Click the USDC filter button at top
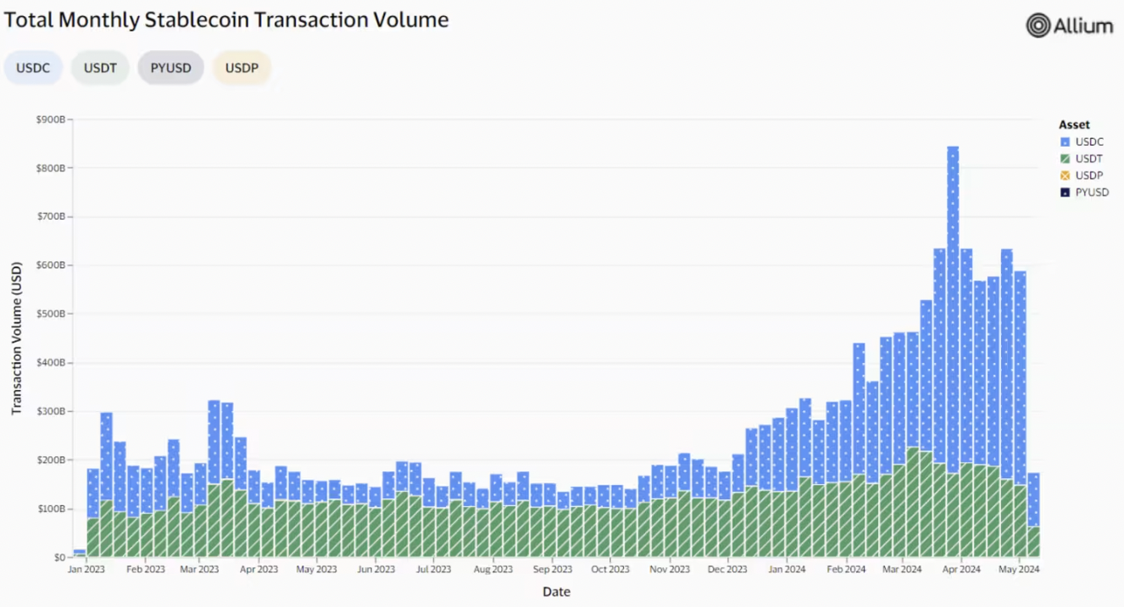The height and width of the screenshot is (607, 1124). click(33, 68)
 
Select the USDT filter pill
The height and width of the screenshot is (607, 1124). click(100, 68)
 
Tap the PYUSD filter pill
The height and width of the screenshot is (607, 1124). click(170, 68)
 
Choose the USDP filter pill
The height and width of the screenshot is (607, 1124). click(242, 68)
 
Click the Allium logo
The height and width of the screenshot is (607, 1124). click(1069, 25)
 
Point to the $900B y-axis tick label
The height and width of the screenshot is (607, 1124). click(51, 120)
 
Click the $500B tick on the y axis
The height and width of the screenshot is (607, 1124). click(51, 314)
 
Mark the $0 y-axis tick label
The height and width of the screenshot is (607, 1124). click(59, 557)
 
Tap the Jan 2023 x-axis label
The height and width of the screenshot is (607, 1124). click(86, 570)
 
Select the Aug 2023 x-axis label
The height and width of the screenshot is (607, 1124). click(492, 570)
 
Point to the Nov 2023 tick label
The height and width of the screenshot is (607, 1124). click(670, 570)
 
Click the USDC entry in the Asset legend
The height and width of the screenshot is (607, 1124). click(1089, 142)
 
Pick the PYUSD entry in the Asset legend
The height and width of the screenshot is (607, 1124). click(1092, 192)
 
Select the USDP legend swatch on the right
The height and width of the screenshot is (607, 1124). click(1066, 175)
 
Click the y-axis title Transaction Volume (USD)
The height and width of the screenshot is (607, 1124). click(16, 338)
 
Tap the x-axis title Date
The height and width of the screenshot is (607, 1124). click(556, 592)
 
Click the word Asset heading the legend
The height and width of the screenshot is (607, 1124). click(1074, 125)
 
